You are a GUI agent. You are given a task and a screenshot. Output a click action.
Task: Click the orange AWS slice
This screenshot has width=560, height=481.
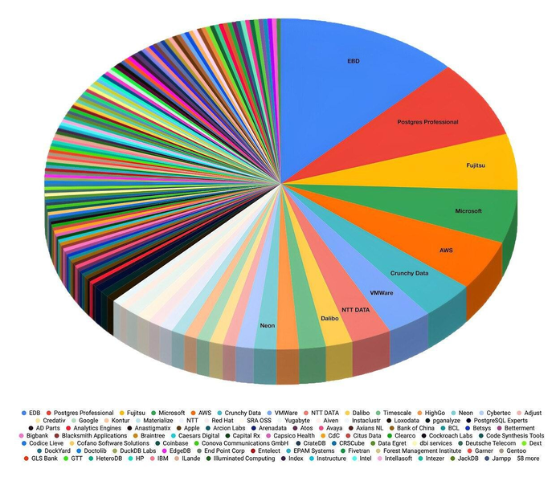click(x=446, y=251)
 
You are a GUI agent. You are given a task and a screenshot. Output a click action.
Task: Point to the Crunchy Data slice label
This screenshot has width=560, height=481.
click(x=409, y=274)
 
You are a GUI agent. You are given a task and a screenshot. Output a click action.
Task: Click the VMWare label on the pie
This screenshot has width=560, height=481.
click(x=382, y=293)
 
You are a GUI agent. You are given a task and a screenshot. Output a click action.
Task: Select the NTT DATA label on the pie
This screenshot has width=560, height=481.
click(x=356, y=309)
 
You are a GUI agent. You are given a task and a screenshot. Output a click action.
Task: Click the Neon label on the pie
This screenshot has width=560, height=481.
click(x=267, y=326)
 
